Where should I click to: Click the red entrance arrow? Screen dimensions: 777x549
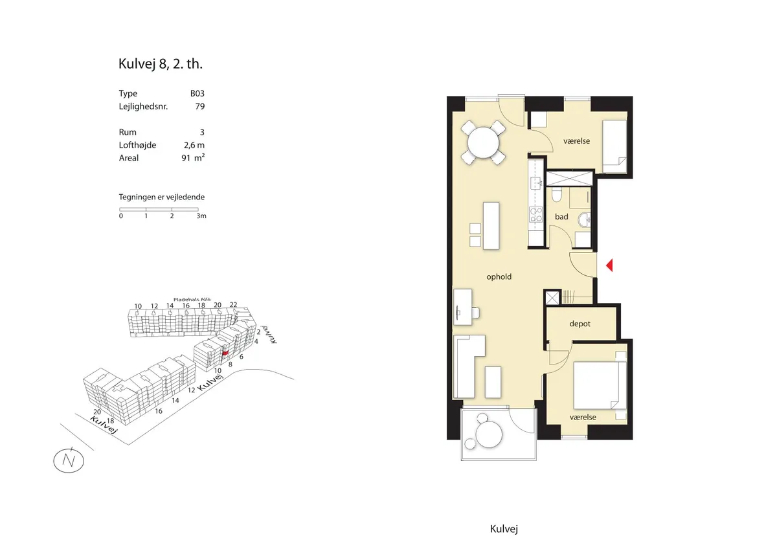(609, 265)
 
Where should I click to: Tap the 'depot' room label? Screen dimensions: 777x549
(580, 324)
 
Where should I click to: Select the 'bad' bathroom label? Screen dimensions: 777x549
(561, 217)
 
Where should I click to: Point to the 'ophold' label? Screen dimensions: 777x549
(499, 276)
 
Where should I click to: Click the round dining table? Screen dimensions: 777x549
(483, 142)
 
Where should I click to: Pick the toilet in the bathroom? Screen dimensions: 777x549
(556, 195)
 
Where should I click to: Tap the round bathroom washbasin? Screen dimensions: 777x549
(584, 219)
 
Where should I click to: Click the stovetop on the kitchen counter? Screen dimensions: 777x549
(535, 214)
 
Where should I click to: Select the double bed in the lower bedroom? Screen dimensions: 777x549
(600, 385)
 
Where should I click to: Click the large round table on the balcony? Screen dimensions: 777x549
(489, 434)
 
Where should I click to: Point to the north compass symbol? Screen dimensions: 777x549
(69, 460)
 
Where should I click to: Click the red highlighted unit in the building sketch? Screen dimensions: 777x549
(225, 353)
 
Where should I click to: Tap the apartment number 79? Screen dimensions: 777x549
(200, 106)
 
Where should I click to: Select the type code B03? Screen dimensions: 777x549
(197, 93)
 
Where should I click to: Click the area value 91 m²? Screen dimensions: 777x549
(193, 157)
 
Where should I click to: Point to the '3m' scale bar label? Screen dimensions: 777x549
(201, 216)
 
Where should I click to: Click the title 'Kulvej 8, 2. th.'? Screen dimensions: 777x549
(161, 64)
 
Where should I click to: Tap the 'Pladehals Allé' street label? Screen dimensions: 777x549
(192, 299)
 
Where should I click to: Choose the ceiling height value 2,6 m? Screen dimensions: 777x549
(194, 145)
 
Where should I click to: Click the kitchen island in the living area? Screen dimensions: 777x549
(491, 226)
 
